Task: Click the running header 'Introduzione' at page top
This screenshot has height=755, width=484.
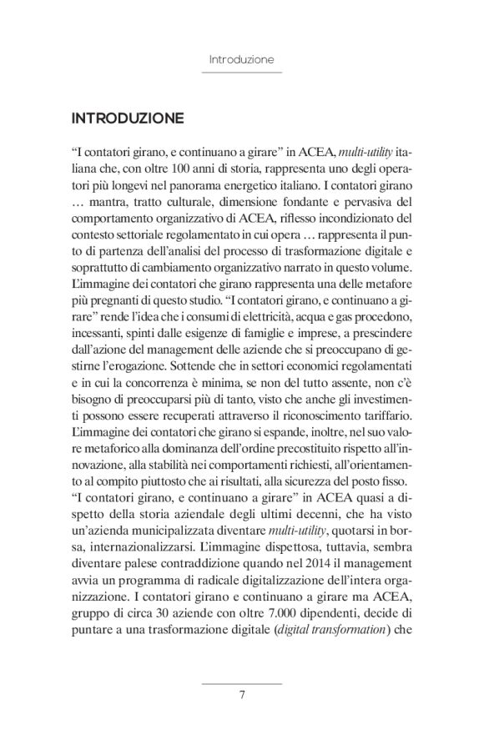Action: (x=241, y=60)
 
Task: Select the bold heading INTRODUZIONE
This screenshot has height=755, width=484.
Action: (x=128, y=118)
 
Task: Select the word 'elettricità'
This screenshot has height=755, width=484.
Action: (x=285, y=324)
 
